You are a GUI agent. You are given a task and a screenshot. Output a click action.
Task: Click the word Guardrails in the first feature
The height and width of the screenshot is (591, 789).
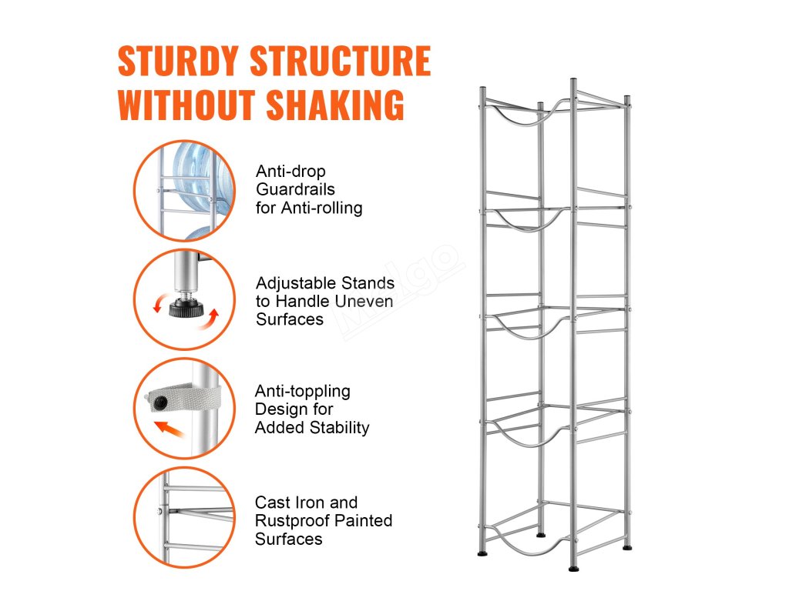295,189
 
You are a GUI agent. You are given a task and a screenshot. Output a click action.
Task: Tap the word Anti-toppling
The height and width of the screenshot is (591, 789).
302,391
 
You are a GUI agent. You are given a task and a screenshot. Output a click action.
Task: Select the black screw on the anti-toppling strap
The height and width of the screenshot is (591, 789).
159,402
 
